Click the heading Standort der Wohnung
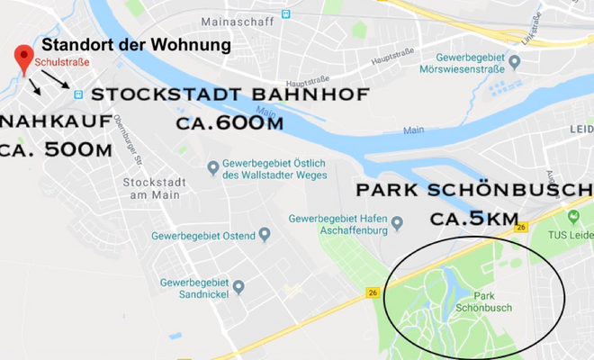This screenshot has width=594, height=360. click(136, 44)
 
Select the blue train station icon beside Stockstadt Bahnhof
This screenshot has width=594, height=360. click(78, 94)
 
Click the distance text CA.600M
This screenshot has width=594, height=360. click(222, 121)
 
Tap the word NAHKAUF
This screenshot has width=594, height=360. click(57, 121)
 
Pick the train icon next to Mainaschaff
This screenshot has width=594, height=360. click(285, 13)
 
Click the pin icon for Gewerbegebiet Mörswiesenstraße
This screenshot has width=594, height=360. click(515, 62)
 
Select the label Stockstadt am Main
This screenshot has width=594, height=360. click(154, 187)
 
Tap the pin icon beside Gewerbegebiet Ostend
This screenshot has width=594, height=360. click(265, 235)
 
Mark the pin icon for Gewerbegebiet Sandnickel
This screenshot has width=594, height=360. click(238, 286)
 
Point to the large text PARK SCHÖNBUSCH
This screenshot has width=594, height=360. click(473, 192)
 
